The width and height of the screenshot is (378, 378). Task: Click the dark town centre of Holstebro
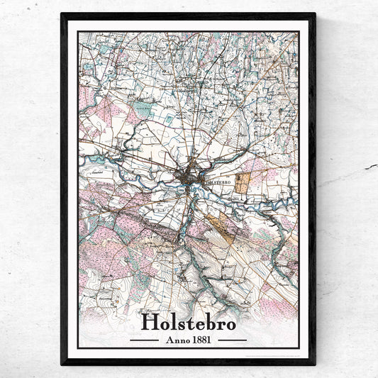(x=189, y=178)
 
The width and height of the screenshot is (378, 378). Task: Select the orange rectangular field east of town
(x=243, y=184)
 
